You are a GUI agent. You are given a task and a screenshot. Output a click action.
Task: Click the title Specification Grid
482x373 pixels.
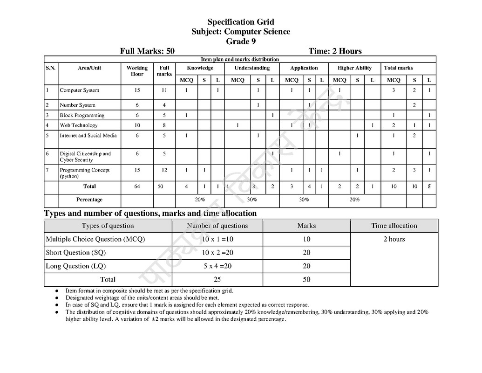click(x=240, y=22)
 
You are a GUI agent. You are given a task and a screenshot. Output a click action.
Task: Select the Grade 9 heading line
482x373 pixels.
click(x=240, y=41)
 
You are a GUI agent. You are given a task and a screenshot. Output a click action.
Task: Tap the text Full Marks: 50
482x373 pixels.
click(x=147, y=51)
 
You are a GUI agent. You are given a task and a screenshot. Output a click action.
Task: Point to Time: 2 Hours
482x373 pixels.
click(x=335, y=51)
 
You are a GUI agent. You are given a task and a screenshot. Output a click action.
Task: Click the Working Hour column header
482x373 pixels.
click(x=137, y=71)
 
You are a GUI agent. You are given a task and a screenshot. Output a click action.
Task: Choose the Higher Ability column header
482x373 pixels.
click(x=354, y=68)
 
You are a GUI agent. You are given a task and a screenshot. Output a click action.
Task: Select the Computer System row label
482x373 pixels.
click(x=79, y=90)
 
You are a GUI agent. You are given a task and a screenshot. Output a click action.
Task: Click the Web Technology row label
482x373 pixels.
click(x=78, y=125)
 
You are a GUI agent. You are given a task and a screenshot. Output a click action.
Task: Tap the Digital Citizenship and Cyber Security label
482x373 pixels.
click(x=85, y=157)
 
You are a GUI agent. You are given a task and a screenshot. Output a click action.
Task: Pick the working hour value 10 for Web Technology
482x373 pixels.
click(x=137, y=125)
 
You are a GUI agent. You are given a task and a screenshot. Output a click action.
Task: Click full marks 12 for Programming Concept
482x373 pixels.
click(x=164, y=170)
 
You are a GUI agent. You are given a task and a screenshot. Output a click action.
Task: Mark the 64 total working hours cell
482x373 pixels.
click(x=137, y=186)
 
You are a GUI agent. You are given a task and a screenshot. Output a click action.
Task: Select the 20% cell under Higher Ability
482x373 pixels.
click(x=354, y=200)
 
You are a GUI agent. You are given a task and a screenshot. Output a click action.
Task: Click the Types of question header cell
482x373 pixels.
click(x=108, y=226)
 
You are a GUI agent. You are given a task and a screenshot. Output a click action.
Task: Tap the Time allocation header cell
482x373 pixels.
click(x=394, y=226)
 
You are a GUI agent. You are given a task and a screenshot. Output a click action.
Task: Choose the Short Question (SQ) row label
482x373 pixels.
click(x=75, y=253)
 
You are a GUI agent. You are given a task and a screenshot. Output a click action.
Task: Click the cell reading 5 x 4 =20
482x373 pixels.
click(x=217, y=266)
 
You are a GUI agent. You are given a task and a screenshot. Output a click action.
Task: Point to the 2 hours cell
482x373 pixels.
click(x=394, y=239)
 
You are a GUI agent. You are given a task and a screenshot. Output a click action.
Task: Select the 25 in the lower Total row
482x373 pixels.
click(x=217, y=280)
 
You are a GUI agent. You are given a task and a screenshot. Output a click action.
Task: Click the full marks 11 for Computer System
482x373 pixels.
click(x=164, y=90)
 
